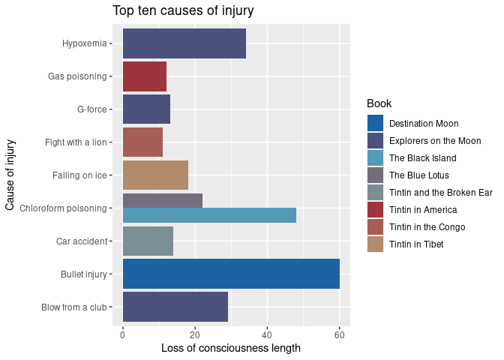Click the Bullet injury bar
coord(231,274)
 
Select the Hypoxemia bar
coord(184,43)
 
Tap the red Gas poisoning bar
coord(144,76)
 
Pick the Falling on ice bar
coord(155,175)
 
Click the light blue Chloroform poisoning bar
coord(209,215)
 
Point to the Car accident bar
coord(148,241)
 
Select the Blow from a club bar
coord(175,307)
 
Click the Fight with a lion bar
coord(142,142)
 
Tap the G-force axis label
coord(92,109)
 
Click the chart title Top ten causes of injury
coord(183,11)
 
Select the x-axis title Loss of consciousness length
coord(231,348)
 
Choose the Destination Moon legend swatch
coord(375,123)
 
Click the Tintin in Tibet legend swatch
coord(375,244)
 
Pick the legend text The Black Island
coord(422,158)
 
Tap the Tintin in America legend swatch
coord(375,209)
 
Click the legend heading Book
coord(379,103)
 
